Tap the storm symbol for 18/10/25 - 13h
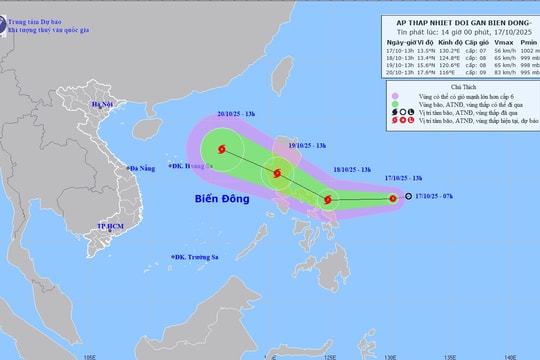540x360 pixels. point(327,200)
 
